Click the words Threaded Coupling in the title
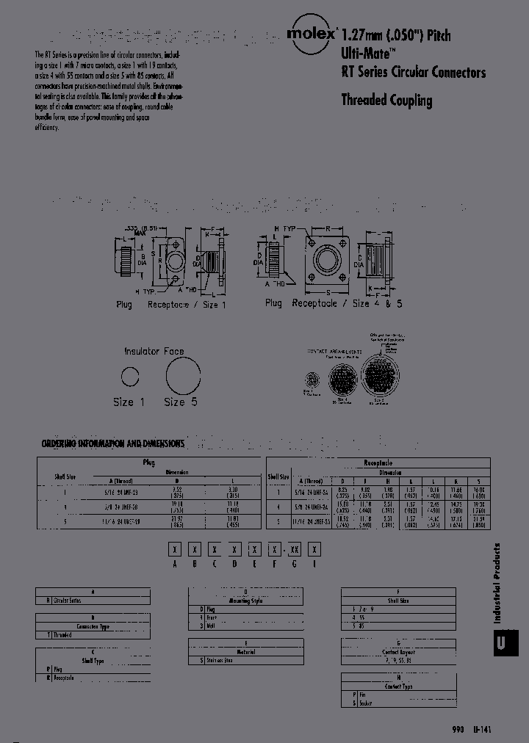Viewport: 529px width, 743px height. pos(386,101)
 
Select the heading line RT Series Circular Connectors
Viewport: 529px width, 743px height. pos(413,72)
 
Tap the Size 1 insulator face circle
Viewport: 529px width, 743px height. pos(130,378)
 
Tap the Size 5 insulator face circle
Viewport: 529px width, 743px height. pos(182,377)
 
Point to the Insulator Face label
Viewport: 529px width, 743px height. pos(154,352)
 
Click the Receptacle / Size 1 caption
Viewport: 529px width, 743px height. pos(187,304)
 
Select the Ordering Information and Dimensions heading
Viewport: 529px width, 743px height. pos(113,444)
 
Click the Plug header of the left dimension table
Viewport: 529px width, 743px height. pos(149,463)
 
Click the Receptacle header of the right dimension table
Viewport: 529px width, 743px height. pos(378,463)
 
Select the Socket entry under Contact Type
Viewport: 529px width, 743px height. pos(365,703)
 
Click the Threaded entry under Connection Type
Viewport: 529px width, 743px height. pos(63,634)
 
